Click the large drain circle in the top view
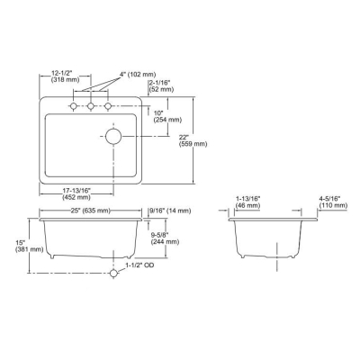click(x=113, y=136)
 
